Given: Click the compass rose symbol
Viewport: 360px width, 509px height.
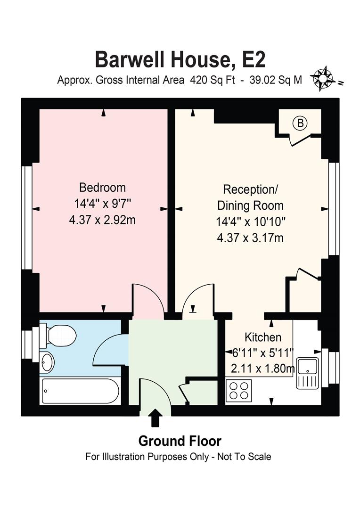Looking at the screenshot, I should tap(323, 78).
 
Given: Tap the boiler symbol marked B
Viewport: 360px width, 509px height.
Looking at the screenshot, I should tap(300, 123).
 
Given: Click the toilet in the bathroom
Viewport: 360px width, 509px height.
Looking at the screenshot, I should tap(58, 335).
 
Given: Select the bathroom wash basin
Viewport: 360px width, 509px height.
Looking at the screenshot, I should tap(48, 362).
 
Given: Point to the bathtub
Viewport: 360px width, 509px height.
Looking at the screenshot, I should tap(80, 391).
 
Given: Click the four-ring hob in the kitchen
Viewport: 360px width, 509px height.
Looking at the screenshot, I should tap(238, 390).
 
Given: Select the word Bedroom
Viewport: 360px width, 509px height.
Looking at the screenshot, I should tap(102, 188).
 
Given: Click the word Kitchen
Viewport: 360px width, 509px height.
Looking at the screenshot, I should tap(263, 337).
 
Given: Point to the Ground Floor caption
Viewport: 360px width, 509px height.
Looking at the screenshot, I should tap(180, 441).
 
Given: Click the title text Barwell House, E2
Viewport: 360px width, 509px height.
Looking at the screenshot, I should tap(180, 59).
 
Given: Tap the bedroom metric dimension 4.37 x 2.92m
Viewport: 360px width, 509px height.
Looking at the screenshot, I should tap(102, 220).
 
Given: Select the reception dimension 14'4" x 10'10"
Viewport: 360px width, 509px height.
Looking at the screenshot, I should tap(250, 222).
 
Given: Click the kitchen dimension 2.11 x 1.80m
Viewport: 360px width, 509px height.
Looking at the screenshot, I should tap(262, 368).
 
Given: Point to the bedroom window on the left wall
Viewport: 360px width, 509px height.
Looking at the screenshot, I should tap(28, 218).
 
